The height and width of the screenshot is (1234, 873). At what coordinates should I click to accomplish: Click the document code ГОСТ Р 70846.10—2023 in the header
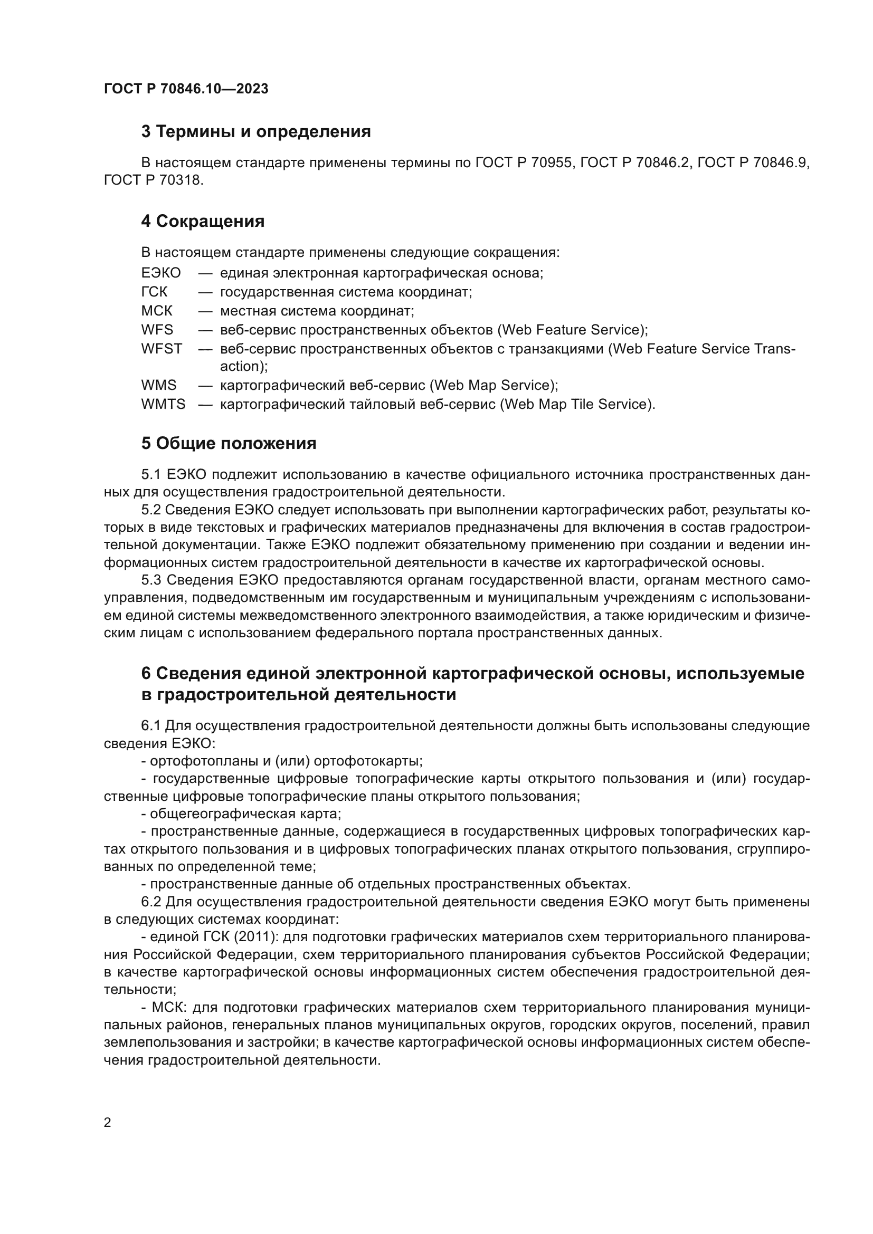(186, 89)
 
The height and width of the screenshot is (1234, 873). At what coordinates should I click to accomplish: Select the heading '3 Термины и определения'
(256, 132)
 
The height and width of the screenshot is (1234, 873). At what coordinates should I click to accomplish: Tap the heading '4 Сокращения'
(203, 222)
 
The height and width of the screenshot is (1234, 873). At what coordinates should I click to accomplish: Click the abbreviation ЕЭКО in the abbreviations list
(161, 273)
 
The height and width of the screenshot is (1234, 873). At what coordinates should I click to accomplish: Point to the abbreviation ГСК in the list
(154, 292)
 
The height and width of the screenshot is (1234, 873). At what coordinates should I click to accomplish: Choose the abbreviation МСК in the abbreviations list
(157, 311)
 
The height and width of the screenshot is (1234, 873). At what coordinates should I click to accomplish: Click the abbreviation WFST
(162, 349)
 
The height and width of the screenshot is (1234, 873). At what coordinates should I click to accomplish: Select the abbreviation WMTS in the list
(163, 404)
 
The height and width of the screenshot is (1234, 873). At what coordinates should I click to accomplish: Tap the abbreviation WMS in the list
(158, 385)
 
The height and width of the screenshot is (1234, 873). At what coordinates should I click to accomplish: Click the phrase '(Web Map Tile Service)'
(577, 404)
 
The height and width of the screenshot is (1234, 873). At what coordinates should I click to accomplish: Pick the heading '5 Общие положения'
(229, 443)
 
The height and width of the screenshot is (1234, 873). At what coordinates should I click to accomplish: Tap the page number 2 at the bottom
(108, 1123)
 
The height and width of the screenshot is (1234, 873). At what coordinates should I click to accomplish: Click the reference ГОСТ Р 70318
(154, 180)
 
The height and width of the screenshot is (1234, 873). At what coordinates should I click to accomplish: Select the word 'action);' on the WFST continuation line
(243, 367)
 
